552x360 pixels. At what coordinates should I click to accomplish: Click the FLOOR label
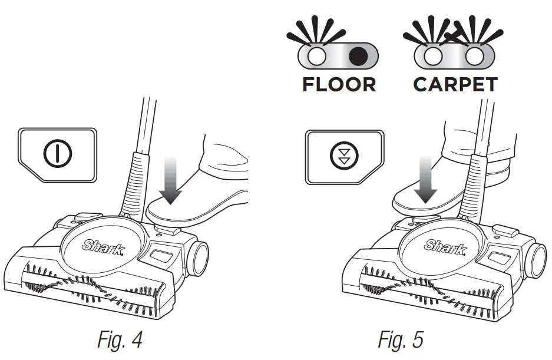click(339, 84)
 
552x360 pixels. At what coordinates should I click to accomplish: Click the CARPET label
click(455, 84)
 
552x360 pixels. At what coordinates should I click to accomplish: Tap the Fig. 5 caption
click(400, 339)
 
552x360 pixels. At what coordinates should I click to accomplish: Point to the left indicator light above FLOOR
click(318, 57)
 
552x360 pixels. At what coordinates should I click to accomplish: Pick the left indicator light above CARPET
click(434, 57)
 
